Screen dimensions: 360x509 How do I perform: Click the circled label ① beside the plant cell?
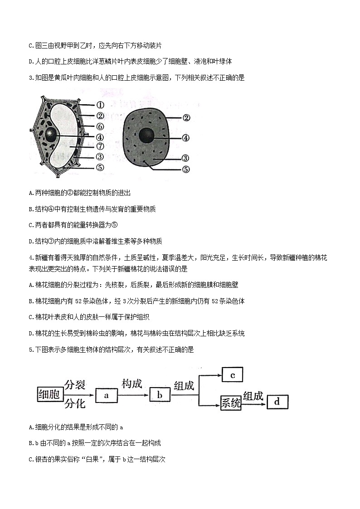tap(101, 104)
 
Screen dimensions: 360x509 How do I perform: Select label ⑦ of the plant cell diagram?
tap(101, 146)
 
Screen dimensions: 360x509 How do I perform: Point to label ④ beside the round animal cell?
tap(185, 138)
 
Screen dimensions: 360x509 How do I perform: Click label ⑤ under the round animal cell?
tap(185, 170)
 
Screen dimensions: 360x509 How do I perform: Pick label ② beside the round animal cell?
tap(185, 118)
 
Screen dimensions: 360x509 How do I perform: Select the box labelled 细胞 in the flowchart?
tap(49, 394)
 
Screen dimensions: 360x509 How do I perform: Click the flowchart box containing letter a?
tap(107, 395)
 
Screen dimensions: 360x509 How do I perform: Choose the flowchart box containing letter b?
tap(160, 395)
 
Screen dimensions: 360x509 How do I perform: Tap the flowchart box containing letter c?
tap(232, 375)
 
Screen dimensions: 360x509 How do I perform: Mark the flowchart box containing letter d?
tap(277, 402)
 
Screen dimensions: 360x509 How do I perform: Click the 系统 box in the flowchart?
tap(231, 402)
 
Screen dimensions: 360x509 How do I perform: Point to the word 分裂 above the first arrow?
tap(75, 385)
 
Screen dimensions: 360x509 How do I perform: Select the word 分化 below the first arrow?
tap(75, 403)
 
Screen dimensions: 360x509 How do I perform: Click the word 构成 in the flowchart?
tap(132, 384)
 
